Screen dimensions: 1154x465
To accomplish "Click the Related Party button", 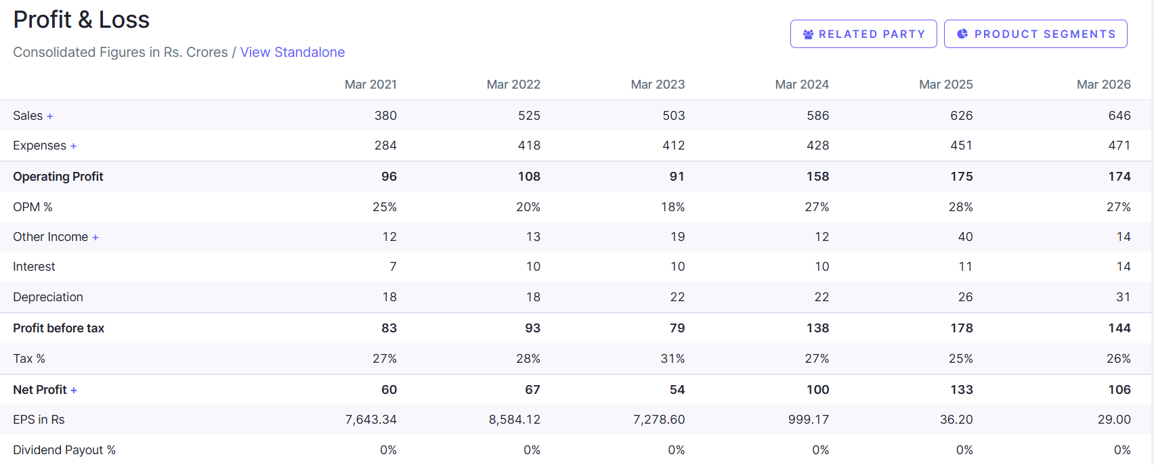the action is (863, 34).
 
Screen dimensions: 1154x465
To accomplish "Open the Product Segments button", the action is (1035, 34).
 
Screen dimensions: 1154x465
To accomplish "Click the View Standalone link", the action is (292, 52).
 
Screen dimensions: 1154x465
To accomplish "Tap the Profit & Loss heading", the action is (81, 20).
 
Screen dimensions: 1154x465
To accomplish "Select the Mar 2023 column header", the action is (658, 85).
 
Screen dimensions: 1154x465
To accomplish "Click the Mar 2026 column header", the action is (1103, 85).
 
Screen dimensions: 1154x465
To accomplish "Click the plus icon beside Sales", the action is (50, 116).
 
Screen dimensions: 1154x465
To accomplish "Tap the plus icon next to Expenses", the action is (74, 146).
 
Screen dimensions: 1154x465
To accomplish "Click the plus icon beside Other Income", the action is (95, 238).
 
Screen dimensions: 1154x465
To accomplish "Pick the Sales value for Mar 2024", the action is (817, 115).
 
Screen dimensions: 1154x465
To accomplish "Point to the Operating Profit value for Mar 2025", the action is (961, 177).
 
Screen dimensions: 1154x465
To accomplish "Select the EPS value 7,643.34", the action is (371, 420).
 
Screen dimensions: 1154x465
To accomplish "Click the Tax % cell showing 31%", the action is (672, 359).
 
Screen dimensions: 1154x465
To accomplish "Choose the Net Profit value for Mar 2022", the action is (533, 390).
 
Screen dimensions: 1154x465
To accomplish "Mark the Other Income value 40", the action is (965, 237).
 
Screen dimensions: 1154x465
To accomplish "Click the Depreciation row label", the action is (48, 297).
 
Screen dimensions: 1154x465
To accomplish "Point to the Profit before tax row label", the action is (59, 328).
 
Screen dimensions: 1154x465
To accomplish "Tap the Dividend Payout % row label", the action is (64, 450).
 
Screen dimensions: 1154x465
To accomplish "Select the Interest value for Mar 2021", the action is (393, 267).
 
